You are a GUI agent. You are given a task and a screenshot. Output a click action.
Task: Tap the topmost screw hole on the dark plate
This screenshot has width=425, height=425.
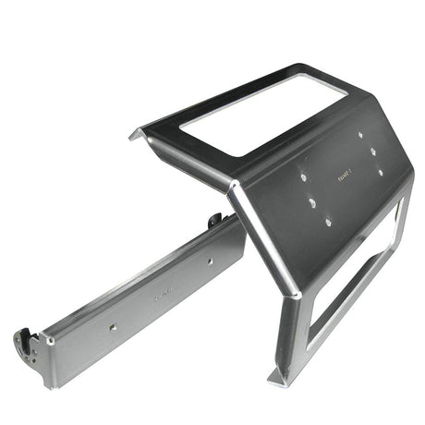coord(360,135)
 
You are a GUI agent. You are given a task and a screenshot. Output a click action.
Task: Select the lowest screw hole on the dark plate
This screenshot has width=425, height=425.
coord(327,222)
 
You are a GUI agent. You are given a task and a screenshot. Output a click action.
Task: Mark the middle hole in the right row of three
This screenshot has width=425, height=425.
coord(371,152)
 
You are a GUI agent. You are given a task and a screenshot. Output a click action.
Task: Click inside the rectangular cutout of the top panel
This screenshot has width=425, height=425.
coord(264,112)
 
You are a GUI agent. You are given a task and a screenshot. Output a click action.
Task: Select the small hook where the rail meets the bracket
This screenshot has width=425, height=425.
coord(214,221)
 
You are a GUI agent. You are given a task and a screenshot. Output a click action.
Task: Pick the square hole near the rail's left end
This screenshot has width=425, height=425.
coord(112,326)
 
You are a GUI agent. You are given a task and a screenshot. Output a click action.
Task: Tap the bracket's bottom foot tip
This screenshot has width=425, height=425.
coord(277,378)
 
